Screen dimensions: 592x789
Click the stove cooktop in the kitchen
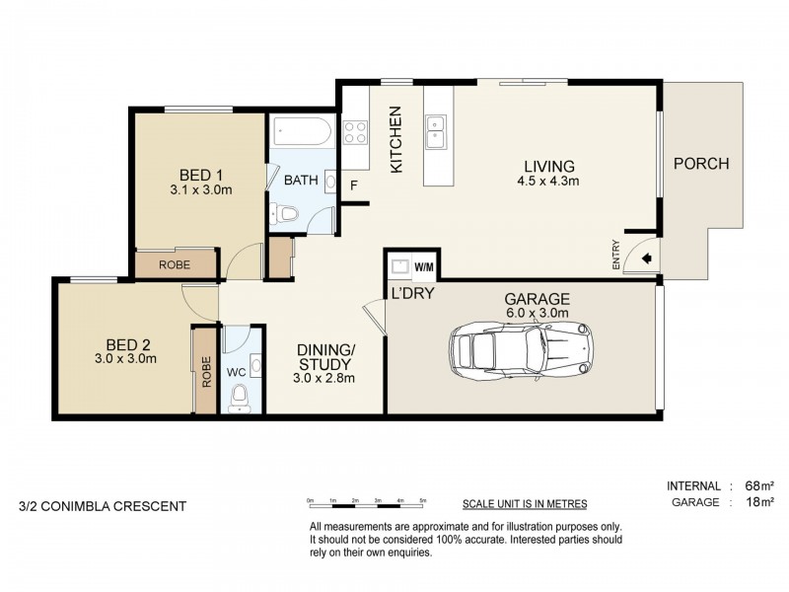(355, 131)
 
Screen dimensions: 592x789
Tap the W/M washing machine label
(424, 267)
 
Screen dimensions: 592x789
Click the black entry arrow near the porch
(646, 259)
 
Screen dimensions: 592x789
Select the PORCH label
(700, 164)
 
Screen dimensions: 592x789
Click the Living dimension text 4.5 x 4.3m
(547, 182)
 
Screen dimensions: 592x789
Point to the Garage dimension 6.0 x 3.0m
(538, 315)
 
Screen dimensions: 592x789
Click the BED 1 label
(200, 176)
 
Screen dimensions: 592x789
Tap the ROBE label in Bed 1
(176, 264)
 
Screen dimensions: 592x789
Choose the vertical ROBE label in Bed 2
(206, 370)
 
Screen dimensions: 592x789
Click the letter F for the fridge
(353, 185)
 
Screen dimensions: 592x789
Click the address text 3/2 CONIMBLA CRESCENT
(103, 506)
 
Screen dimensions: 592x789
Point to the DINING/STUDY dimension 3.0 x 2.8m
(325, 378)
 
